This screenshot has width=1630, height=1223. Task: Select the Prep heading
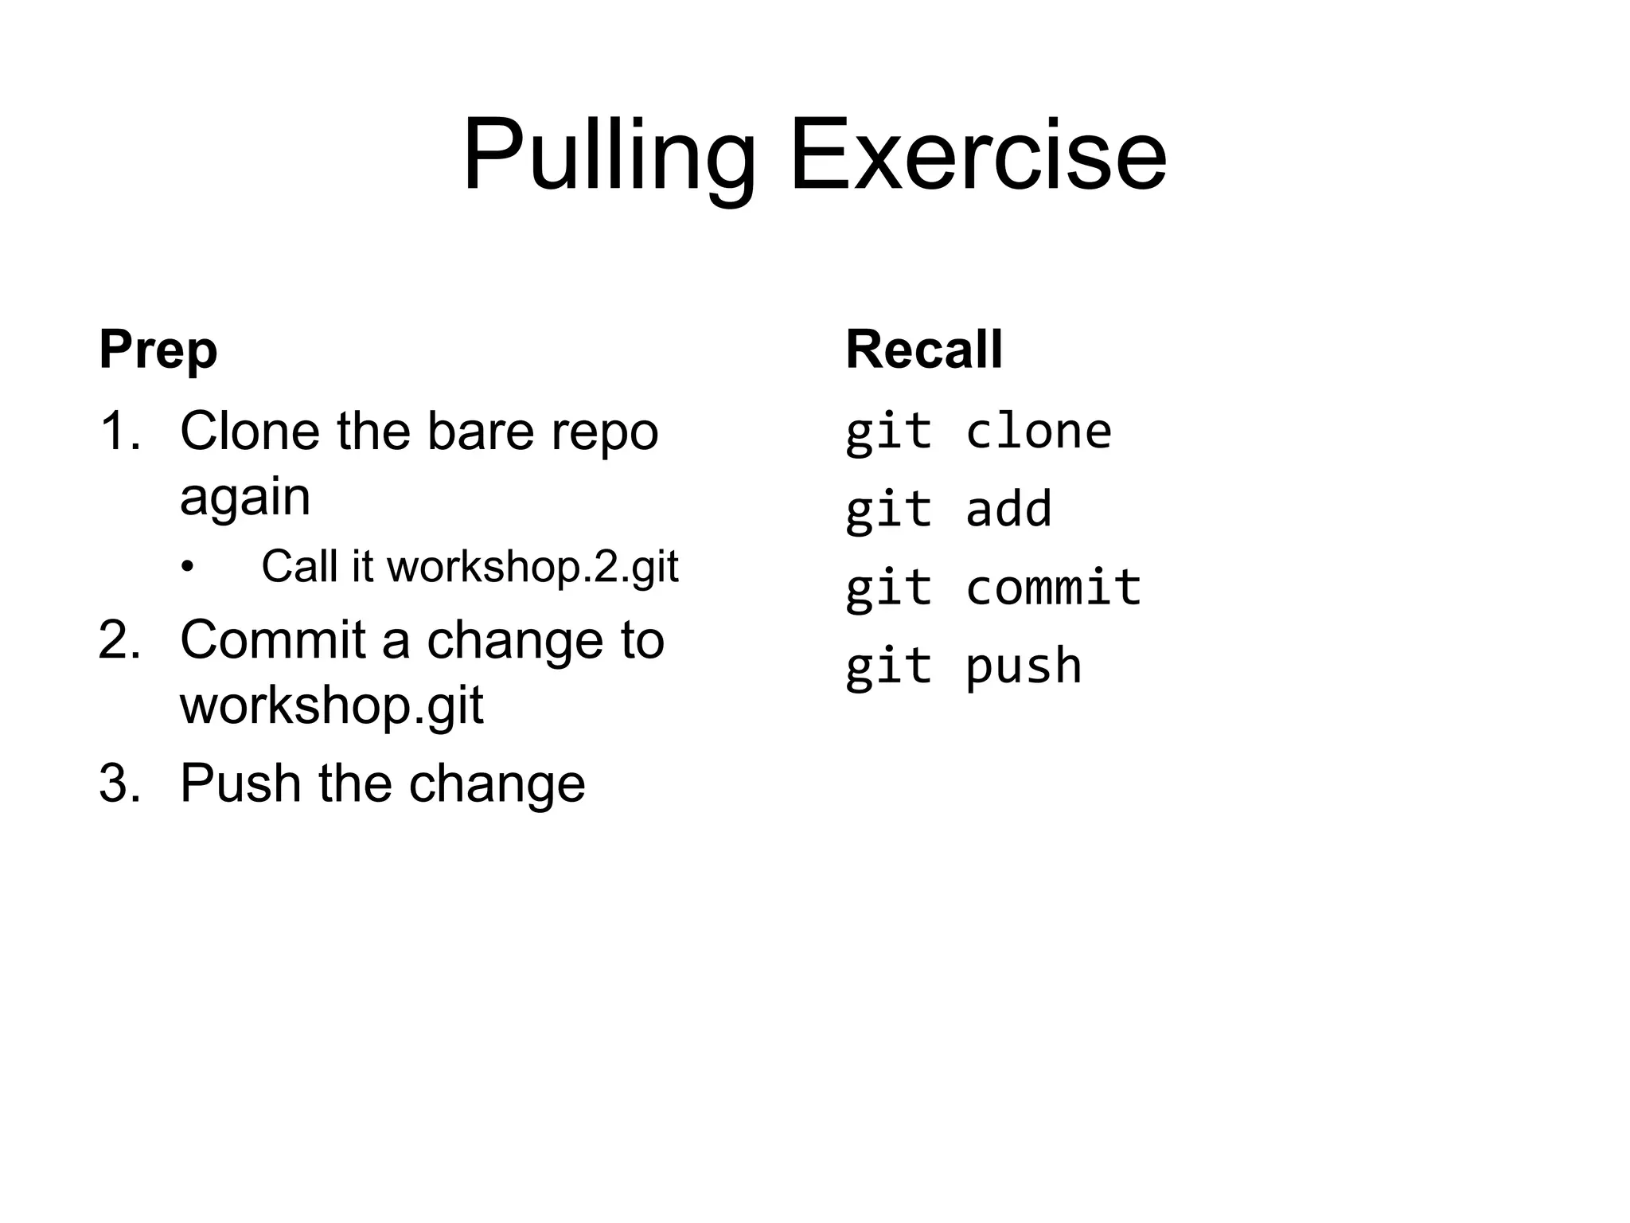[x=158, y=350]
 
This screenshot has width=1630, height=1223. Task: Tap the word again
[x=244, y=498]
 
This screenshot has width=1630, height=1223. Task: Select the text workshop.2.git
[x=532, y=567]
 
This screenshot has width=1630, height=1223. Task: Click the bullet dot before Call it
[x=187, y=568]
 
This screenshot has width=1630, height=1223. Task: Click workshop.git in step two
[x=331, y=705]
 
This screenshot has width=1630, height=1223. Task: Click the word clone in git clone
[x=1038, y=432]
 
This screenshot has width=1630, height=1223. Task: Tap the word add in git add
[x=1008, y=510]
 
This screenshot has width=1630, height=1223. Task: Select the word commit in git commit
[x=1053, y=588]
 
